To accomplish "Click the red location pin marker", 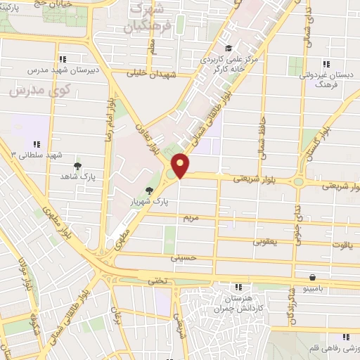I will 181,165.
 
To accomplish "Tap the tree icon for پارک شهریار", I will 148,190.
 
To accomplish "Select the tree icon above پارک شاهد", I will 77,166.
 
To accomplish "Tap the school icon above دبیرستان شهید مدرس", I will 63,59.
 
